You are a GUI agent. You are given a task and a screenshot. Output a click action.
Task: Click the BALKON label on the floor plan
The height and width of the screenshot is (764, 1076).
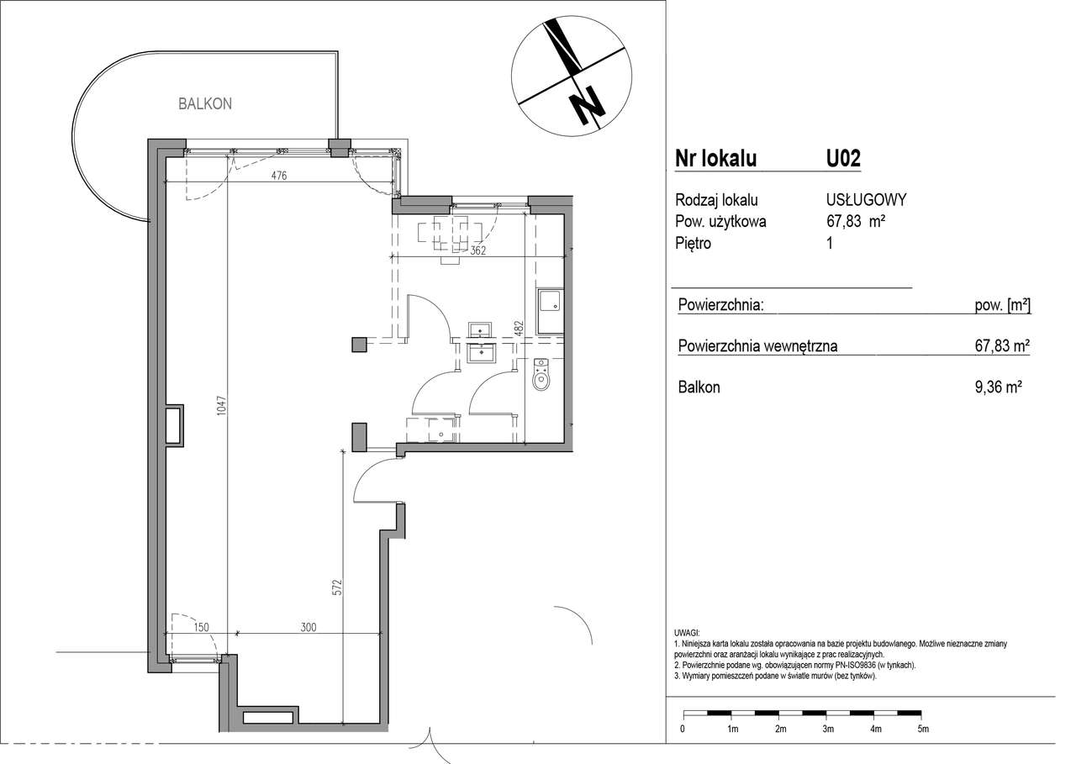(205, 103)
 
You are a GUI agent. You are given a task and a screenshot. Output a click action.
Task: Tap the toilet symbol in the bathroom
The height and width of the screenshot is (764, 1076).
(541, 375)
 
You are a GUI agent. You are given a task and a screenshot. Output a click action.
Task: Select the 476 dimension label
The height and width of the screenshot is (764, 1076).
(279, 176)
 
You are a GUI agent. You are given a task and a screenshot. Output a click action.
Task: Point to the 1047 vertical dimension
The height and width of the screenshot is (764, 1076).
(221, 405)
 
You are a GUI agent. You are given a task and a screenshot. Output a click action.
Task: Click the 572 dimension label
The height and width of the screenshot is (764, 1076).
(338, 587)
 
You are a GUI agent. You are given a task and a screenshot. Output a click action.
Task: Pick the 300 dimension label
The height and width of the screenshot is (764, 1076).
(309, 627)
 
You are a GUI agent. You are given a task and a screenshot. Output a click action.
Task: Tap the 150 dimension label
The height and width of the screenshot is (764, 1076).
(201, 627)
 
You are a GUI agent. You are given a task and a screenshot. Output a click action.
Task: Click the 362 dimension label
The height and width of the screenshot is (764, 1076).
(478, 250)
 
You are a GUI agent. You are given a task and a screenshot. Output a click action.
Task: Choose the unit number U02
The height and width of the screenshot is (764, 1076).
(843, 159)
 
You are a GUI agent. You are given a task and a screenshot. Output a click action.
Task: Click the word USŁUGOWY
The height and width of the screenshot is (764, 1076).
(866, 199)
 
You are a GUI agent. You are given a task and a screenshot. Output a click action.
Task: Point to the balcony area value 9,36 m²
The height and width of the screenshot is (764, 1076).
(998, 387)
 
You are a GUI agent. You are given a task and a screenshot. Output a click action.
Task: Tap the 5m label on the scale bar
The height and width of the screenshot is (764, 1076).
(923, 742)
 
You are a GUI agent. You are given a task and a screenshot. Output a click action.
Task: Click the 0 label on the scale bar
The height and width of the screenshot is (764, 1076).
(683, 742)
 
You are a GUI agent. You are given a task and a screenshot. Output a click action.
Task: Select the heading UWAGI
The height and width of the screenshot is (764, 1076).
(688, 634)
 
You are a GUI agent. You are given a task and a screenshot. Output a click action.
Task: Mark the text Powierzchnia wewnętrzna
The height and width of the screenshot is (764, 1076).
(757, 345)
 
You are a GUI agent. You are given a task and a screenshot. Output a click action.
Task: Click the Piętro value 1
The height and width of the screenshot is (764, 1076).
(830, 243)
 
